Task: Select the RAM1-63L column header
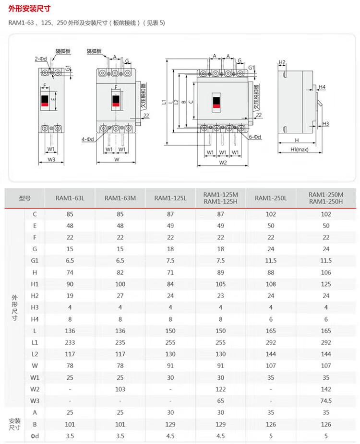[70, 198]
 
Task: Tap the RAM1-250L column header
[271, 198]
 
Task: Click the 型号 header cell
[25, 198]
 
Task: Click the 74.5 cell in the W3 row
[326, 400]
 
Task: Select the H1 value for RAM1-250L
[271, 284]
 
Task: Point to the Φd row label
[35, 435]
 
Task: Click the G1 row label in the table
[35, 260]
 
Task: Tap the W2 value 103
[120, 389]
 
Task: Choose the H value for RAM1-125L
[170, 272]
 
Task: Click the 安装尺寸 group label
[14, 424]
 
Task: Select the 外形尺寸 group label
[14, 307]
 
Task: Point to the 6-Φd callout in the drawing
[255, 137]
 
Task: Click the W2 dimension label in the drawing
[223, 163]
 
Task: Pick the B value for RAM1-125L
[170, 424]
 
